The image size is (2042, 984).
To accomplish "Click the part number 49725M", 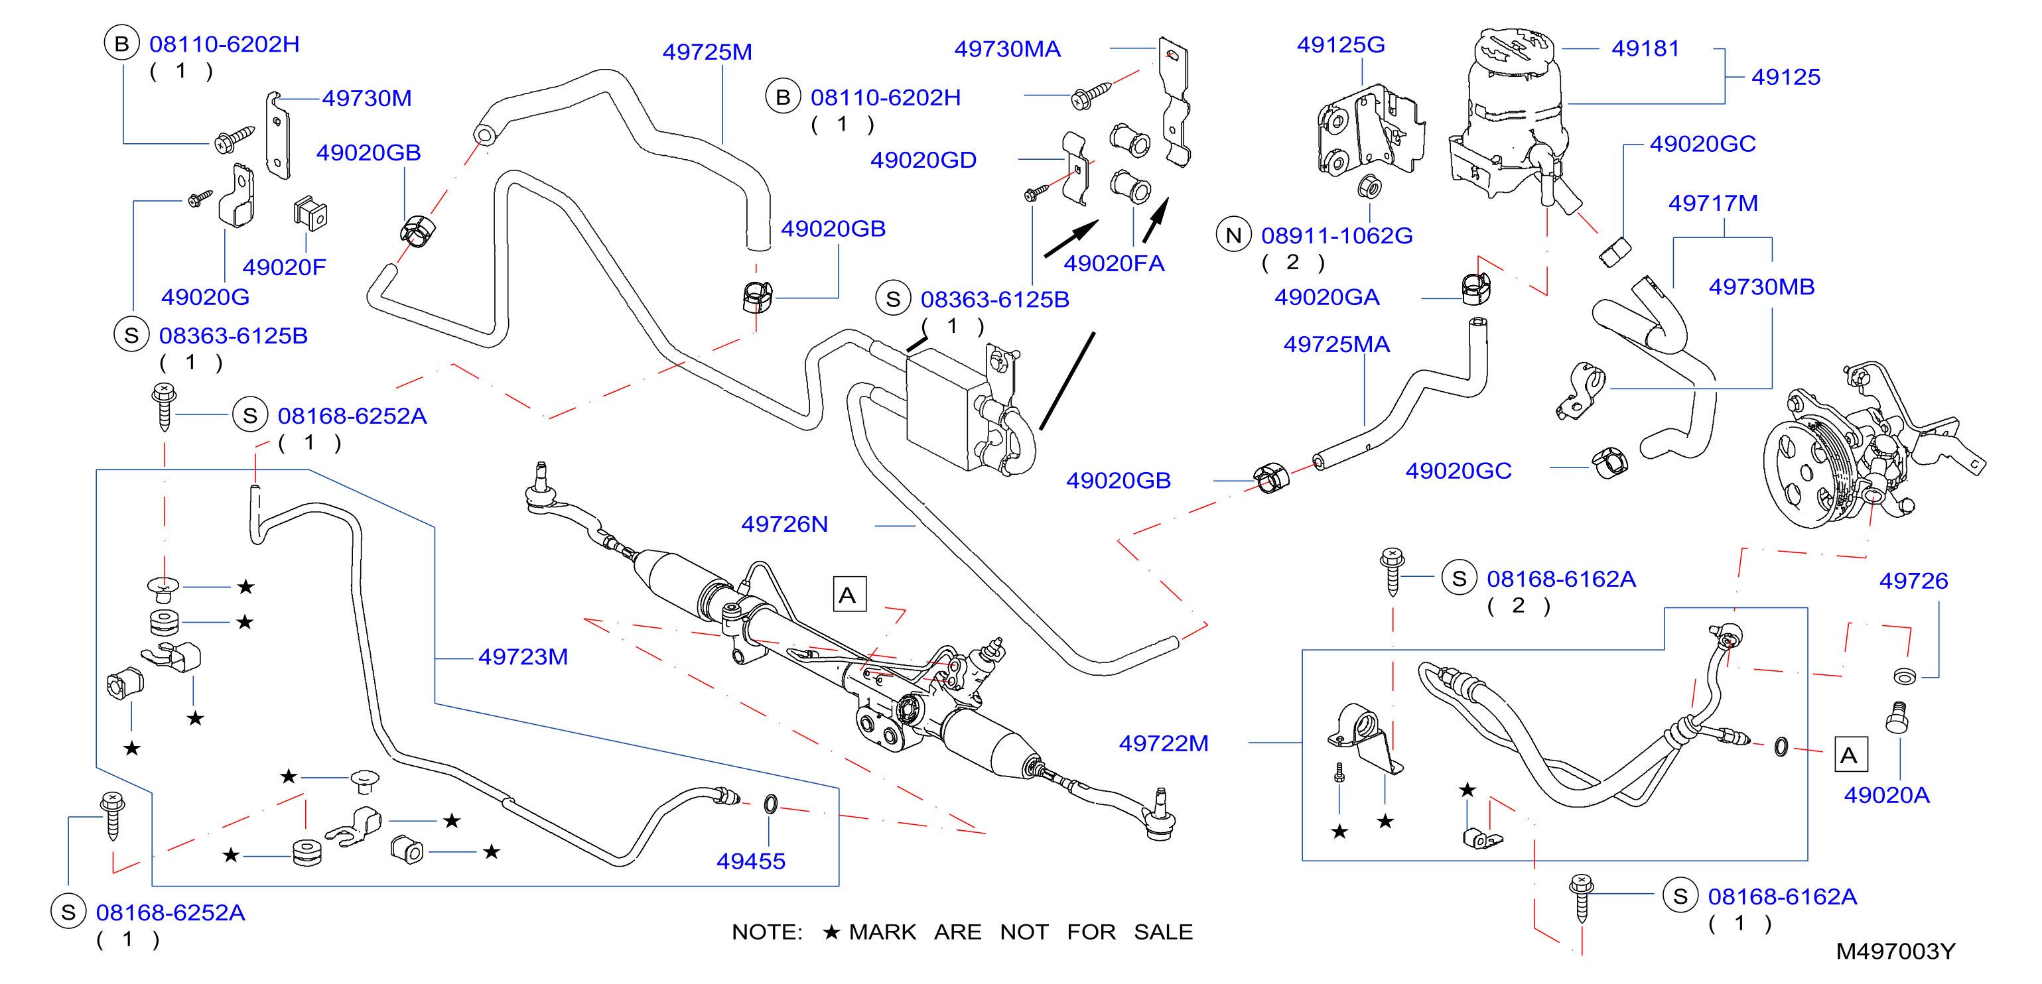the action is click(707, 52).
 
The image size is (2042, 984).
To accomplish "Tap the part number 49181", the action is click(1646, 48).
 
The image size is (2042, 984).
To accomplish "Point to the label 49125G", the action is click(1341, 45).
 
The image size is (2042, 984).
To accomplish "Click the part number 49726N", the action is click(784, 524).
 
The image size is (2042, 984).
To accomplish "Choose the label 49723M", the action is click(523, 658).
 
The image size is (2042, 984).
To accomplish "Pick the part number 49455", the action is click(751, 862).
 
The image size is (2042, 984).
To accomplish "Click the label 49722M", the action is click(1164, 744).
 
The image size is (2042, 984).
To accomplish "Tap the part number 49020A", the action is click(1887, 796).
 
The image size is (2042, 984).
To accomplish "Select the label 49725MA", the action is click(1337, 345).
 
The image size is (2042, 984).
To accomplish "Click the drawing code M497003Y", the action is click(1895, 952).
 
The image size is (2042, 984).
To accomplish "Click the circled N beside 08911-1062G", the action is click(1233, 235).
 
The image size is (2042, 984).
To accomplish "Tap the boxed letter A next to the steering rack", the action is click(849, 594).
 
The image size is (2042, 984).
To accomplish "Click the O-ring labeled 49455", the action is click(770, 805).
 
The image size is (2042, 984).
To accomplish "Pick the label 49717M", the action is click(1713, 204).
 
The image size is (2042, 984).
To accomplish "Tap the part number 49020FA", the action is click(1114, 264).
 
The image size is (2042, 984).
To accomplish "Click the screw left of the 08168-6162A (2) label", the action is click(1392, 571).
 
